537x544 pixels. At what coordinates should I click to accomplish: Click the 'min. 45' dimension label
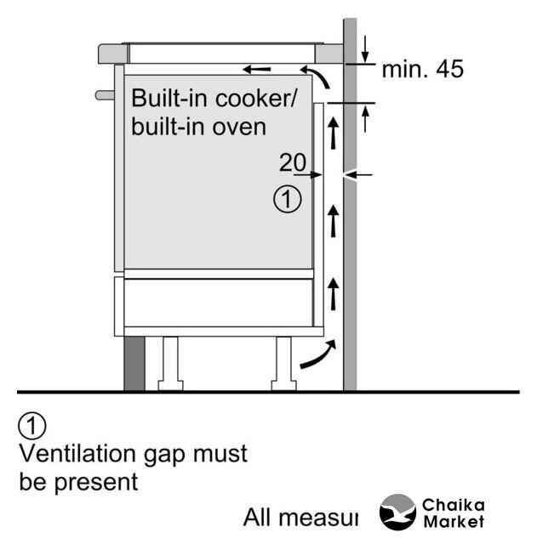click(422, 70)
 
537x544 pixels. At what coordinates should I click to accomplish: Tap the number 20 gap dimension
click(292, 162)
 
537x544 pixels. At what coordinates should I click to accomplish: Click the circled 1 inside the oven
click(287, 201)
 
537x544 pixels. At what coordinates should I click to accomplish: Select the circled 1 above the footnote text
click(32, 424)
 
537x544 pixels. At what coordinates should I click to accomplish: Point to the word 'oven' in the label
click(240, 127)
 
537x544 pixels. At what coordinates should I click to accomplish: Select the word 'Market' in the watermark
click(453, 521)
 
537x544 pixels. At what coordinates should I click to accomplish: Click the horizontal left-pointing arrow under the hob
click(257, 68)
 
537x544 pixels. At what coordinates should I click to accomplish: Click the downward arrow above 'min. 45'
click(364, 47)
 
